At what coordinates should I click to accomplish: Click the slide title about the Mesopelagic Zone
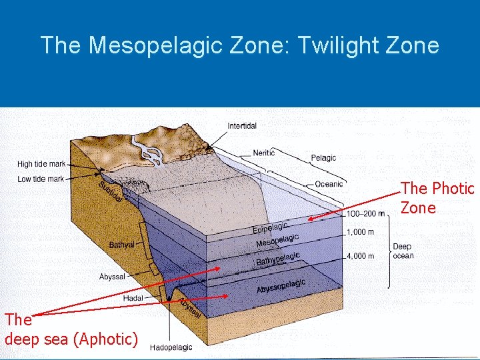click(x=240, y=45)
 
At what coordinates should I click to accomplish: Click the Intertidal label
click(x=242, y=126)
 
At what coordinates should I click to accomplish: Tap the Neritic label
click(x=264, y=153)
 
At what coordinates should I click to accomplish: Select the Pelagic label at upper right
click(x=323, y=158)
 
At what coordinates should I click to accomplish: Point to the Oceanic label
click(x=329, y=184)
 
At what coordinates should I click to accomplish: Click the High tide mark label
click(x=41, y=164)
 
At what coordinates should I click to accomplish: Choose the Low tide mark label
click(x=41, y=179)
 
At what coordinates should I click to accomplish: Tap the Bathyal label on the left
click(x=121, y=245)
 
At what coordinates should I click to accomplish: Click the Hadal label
click(x=133, y=298)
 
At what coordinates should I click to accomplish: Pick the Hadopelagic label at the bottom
click(x=171, y=347)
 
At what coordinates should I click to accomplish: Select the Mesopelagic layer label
click(x=277, y=241)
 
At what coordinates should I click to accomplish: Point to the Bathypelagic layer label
click(x=278, y=259)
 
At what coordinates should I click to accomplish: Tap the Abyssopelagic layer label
click(x=281, y=286)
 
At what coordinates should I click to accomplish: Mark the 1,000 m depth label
click(x=360, y=233)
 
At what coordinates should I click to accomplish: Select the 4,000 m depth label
click(x=360, y=255)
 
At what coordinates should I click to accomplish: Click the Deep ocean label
click(x=403, y=251)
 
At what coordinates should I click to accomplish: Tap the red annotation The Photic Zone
click(x=437, y=198)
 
